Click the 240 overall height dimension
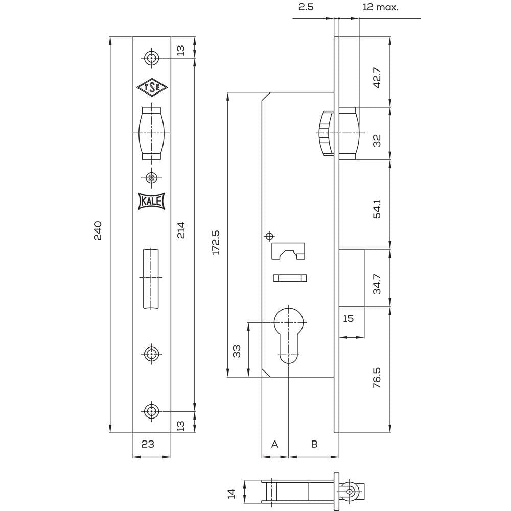(x=98, y=230)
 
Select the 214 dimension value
(x=181, y=230)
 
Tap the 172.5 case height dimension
(x=216, y=242)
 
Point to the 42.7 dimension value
(x=377, y=78)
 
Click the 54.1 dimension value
(x=377, y=209)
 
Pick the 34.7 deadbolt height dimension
(x=377, y=284)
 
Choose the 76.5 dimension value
(x=377, y=378)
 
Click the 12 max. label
(x=380, y=7)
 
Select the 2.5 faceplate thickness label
(x=306, y=7)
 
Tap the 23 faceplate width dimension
(x=148, y=444)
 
